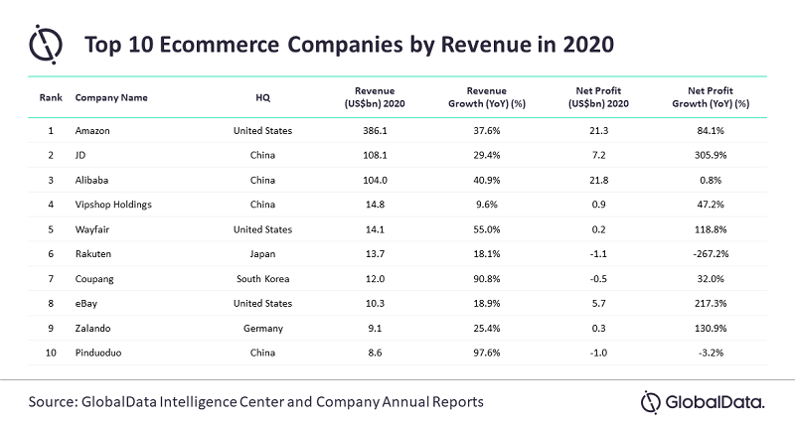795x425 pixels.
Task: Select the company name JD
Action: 81,155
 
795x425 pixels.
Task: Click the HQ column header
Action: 262,98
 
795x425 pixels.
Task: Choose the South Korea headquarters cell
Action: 262,279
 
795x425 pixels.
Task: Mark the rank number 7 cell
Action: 51,279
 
